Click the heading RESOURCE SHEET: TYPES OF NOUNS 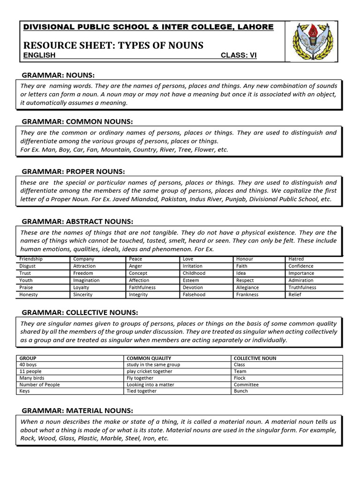tap(113, 45)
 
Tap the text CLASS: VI tap(239, 55)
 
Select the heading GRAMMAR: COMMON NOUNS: tap(77, 121)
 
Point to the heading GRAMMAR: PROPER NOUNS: tap(74, 172)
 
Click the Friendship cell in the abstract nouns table tap(31, 259)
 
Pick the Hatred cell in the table tap(296, 259)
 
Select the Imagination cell tap(86, 280)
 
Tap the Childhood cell tap(194, 273)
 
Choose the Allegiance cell tap(247, 287)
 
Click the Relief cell tap(295, 295)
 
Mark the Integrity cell tap(138, 295)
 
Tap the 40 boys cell tap(28, 365)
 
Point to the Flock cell tap(240, 378)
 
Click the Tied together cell tap(142, 391)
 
